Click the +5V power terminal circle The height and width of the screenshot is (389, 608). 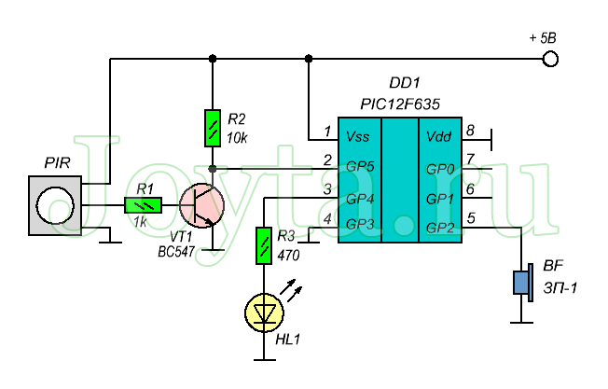pos(550,59)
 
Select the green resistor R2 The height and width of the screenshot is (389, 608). pos(213,128)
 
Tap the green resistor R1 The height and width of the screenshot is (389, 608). pos(143,205)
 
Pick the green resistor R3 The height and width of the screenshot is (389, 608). pos(264,246)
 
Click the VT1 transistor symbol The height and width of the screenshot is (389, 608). pos(201,205)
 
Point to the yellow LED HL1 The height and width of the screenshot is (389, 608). pos(264,313)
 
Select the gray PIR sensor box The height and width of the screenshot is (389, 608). pos(55,205)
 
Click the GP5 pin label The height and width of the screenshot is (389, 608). pos(360,167)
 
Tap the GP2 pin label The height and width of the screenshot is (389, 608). pos(440,228)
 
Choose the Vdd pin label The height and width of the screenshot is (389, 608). pos(438,136)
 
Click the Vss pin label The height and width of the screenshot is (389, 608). pos(357,136)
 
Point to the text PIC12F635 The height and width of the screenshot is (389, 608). pos(400,104)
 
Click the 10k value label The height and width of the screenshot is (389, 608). pos(237,138)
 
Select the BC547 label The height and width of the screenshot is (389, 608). pos(176,252)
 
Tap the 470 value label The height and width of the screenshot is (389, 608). pos(288,256)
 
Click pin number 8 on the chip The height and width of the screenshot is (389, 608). pos(470,131)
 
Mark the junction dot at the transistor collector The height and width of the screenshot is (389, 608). pos(213,169)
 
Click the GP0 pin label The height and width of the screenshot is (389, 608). pos(440,169)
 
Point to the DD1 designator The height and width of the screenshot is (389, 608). pos(405,83)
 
